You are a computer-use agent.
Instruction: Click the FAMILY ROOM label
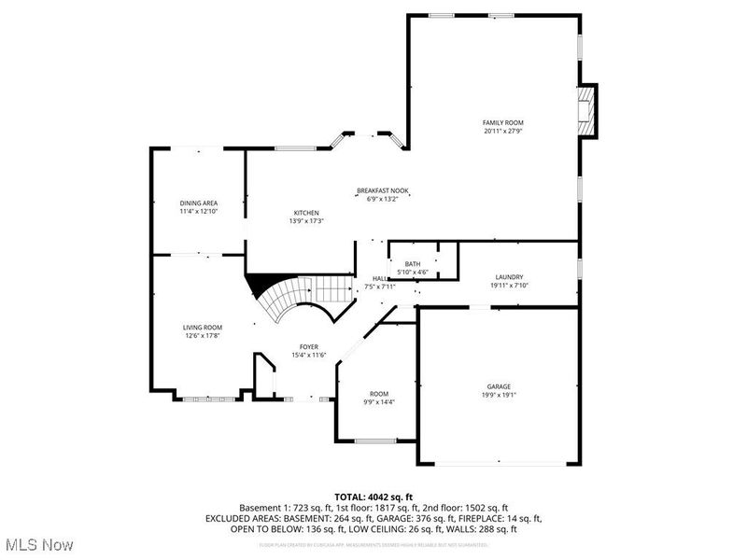[x=502, y=123]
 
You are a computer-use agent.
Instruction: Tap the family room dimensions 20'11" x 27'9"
[x=502, y=132]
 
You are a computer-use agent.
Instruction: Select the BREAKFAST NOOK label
[x=383, y=190]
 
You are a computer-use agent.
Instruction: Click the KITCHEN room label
[x=306, y=213]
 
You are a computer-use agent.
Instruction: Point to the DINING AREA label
[x=198, y=203]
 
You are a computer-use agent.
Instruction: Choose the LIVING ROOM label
[x=202, y=327]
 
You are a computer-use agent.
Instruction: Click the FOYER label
[x=309, y=346]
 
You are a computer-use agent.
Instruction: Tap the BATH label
[x=412, y=264]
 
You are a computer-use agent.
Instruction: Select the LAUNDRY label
[x=509, y=277]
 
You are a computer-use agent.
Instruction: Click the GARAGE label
[x=498, y=386]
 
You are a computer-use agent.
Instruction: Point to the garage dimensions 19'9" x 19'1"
[x=498, y=395]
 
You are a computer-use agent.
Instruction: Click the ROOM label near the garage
[x=379, y=394]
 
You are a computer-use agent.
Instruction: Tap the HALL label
[x=380, y=278]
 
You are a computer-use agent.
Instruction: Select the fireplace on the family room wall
[x=585, y=110]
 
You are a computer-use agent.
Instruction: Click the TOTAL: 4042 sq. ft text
[x=373, y=496]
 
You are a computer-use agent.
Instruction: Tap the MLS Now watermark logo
[x=38, y=543]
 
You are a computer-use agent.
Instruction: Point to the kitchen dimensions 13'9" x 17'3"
[x=306, y=221]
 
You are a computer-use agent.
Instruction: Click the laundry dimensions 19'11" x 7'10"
[x=509, y=286]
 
